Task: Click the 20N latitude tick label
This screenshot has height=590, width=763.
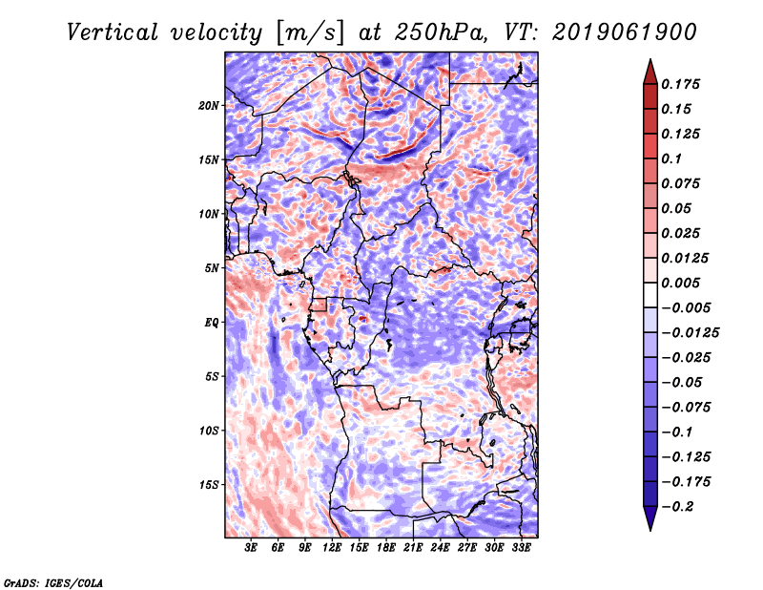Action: click(209, 105)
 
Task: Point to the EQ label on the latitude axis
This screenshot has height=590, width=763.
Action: click(211, 323)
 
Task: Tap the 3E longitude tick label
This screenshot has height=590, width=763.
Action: click(251, 548)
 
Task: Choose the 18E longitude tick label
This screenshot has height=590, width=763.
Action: click(386, 548)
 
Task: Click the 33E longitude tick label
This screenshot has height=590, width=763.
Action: click(521, 548)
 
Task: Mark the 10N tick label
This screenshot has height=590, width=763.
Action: click(209, 214)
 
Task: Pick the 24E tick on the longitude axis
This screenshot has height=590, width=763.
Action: click(440, 548)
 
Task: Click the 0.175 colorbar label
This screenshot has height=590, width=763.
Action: click(680, 84)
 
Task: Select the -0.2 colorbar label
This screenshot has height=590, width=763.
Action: click(677, 507)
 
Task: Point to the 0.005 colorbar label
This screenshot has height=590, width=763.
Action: click(680, 283)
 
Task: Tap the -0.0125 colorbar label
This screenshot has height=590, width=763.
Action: click(690, 333)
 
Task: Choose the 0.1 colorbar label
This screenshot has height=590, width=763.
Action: click(671, 158)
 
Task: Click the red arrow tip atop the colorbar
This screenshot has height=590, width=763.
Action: click(650, 59)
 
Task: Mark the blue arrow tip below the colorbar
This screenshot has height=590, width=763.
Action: click(650, 530)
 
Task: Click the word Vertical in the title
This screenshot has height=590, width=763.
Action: click(112, 32)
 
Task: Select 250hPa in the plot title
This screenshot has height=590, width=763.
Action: click(441, 32)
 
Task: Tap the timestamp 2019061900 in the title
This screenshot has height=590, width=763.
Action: click(625, 32)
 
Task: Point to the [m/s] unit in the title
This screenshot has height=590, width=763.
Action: click(310, 32)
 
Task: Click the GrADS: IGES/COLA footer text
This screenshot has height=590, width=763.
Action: click(53, 582)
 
